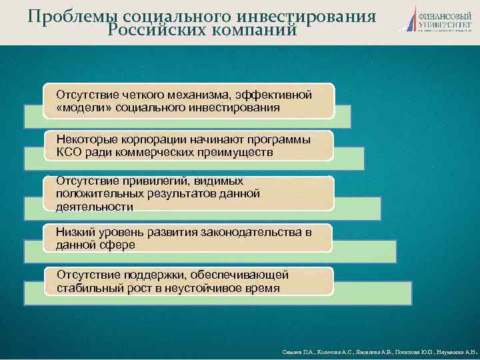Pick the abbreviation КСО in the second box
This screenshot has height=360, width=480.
click(69, 153)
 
